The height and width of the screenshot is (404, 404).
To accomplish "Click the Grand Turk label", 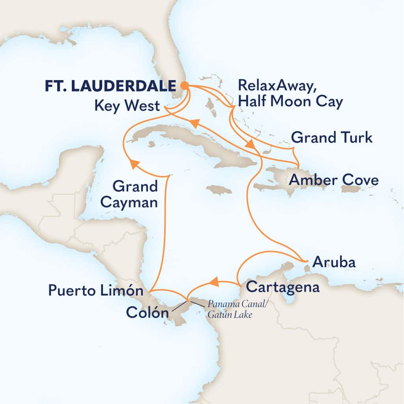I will click(x=331, y=138).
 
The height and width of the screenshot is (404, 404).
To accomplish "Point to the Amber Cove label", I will click(x=334, y=181).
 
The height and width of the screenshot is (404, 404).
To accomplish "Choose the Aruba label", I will click(x=333, y=262).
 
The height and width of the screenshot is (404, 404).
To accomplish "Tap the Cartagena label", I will click(x=282, y=287).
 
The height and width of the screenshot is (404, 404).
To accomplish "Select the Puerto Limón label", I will click(x=95, y=291).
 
